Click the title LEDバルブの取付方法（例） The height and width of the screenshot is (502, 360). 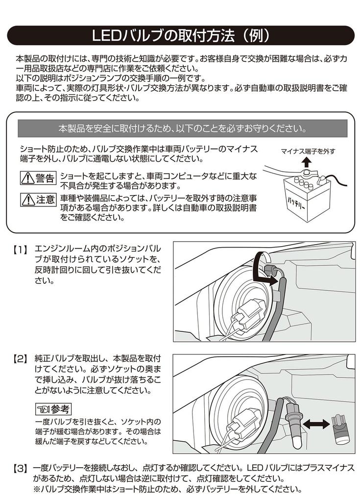180,36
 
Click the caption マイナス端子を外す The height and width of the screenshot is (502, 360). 308,151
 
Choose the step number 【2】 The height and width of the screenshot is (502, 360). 20,359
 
